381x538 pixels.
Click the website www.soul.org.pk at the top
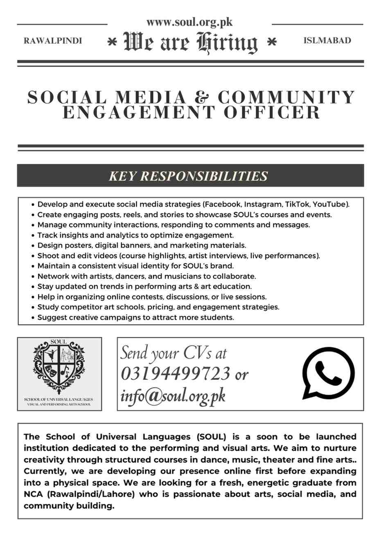click(189, 22)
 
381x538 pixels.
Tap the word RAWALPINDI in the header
click(53, 41)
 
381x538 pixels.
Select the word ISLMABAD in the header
click(327, 40)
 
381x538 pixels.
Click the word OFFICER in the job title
click(272, 112)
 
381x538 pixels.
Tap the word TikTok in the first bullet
click(298, 204)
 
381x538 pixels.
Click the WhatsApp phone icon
click(328, 374)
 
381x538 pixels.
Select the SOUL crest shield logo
click(59, 363)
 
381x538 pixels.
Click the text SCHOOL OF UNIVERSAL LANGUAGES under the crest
click(59, 399)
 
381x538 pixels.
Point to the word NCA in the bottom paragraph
click(33, 494)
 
